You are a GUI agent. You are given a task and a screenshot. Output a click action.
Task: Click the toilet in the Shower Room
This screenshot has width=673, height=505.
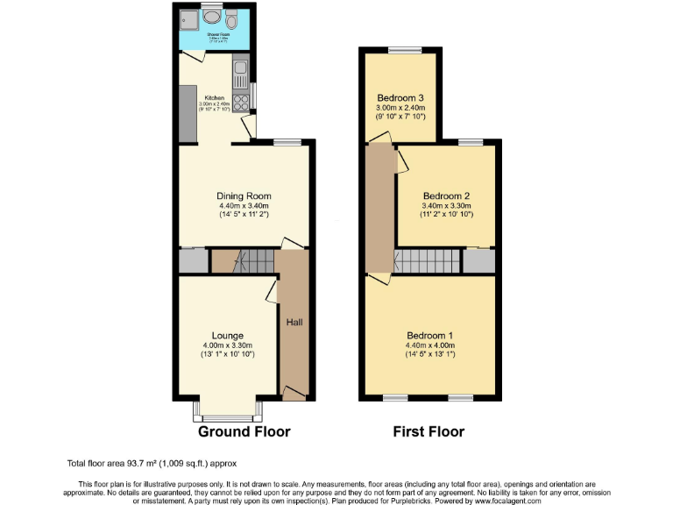(x=232, y=18)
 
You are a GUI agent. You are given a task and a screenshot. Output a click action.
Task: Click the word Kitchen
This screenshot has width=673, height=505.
(x=215, y=97)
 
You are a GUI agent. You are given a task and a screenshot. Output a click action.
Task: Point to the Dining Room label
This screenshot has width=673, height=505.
(x=244, y=196)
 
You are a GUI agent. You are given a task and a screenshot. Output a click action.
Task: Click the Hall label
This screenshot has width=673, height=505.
(x=294, y=323)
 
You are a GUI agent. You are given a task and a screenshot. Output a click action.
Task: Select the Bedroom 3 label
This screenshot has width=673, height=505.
(x=400, y=97)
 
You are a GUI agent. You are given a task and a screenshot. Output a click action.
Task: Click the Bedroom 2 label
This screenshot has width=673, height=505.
(x=447, y=196)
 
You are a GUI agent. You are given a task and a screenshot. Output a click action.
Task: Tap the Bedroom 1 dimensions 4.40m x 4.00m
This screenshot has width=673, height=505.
(x=430, y=345)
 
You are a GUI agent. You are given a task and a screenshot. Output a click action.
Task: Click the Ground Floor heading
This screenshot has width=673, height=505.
(x=244, y=431)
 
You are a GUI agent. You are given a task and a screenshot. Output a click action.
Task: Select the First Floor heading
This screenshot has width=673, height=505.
(x=429, y=431)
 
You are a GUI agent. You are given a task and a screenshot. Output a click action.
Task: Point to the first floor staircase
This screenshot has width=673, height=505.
(x=426, y=260)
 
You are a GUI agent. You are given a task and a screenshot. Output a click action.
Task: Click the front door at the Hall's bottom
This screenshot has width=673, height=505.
(x=294, y=396)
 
